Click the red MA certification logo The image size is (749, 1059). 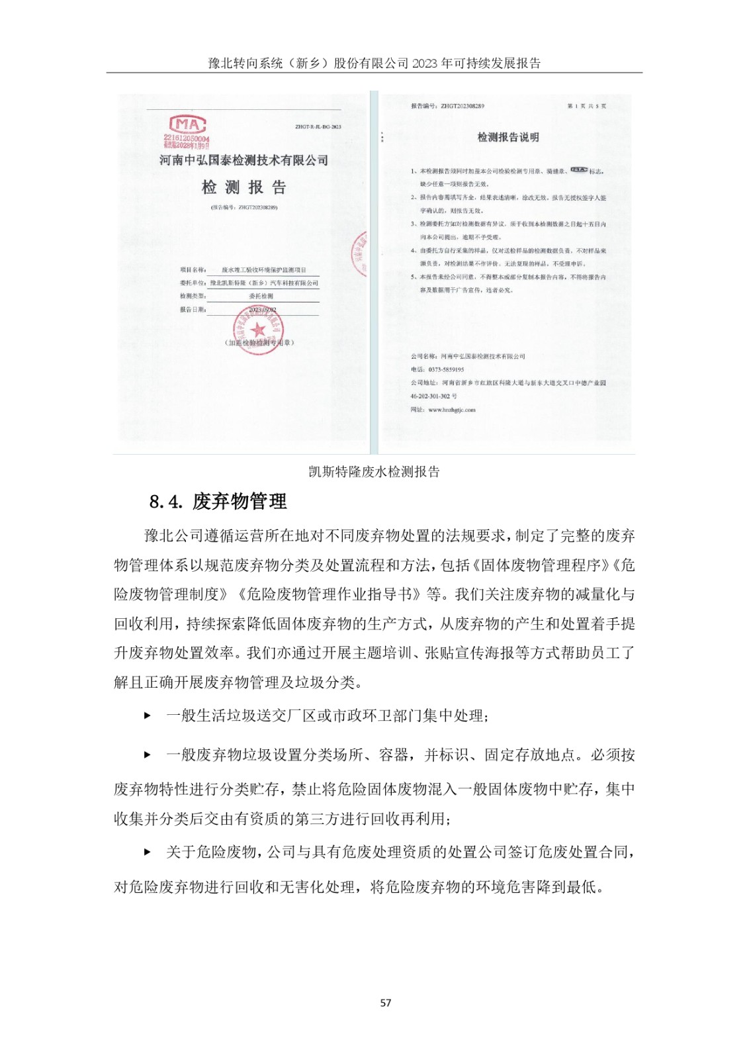pyautogui.click(x=188, y=124)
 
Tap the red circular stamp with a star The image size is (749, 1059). pyautogui.click(x=258, y=329)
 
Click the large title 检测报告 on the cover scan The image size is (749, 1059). pyautogui.click(x=243, y=187)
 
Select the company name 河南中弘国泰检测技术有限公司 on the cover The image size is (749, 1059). pyautogui.click(x=243, y=160)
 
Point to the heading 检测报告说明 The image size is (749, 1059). pyautogui.click(x=508, y=137)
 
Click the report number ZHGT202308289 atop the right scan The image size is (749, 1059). pyautogui.click(x=462, y=106)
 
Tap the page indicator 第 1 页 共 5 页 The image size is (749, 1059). pyautogui.click(x=586, y=106)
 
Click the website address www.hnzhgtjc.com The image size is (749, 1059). pyautogui.click(x=451, y=410)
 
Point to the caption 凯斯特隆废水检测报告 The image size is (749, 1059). pyautogui.click(x=374, y=471)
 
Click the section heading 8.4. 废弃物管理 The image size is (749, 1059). pyautogui.click(x=218, y=502)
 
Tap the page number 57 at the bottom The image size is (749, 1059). pyautogui.click(x=386, y=1003)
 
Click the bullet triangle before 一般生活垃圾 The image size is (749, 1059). pyautogui.click(x=148, y=715)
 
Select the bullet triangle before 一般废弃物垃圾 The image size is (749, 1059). pyautogui.click(x=148, y=755)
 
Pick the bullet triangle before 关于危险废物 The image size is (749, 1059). pyautogui.click(x=148, y=852)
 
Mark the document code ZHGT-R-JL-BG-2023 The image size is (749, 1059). pyautogui.click(x=318, y=126)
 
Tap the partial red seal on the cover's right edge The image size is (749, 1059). pyautogui.click(x=359, y=255)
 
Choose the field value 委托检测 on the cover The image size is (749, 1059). pyautogui.click(x=261, y=296)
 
